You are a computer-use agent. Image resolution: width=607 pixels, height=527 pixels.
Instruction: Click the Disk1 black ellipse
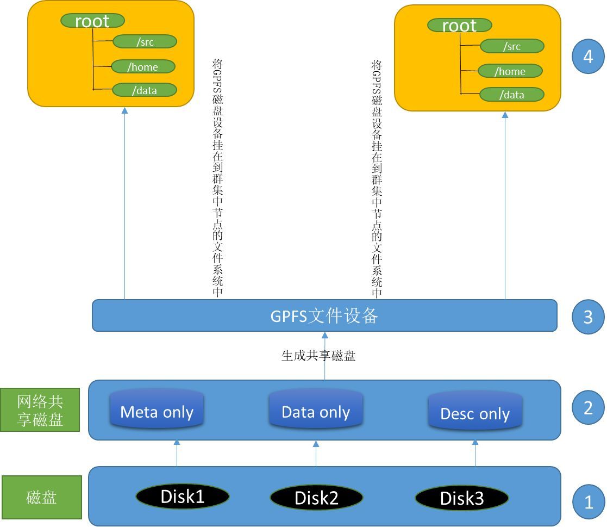tap(183, 496)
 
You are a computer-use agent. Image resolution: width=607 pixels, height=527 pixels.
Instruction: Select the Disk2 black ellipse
tap(316, 497)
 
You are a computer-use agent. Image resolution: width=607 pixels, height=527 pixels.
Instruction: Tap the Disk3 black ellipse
tap(462, 498)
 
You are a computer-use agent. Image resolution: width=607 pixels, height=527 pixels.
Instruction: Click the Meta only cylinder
tap(157, 409)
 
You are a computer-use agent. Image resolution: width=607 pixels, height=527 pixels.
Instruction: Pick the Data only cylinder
tap(316, 409)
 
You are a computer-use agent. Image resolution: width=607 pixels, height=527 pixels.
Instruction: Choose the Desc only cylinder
tap(475, 411)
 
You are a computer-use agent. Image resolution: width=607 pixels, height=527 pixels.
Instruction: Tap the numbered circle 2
tap(589, 407)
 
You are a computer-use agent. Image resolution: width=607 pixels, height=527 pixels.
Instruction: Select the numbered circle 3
tap(589, 317)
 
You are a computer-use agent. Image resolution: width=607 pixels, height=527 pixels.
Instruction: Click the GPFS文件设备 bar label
tap(324, 316)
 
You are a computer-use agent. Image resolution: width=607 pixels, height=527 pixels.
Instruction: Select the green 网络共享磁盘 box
tap(40, 410)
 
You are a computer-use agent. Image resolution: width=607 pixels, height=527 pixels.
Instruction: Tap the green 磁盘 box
tap(42, 497)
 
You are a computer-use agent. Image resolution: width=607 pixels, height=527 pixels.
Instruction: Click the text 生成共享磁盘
tap(318, 356)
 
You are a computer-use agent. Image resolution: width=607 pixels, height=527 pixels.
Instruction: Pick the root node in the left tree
tap(92, 21)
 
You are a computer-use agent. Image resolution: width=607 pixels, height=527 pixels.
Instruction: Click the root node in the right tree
tap(459, 26)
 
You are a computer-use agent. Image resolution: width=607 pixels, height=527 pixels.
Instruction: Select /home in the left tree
tap(143, 67)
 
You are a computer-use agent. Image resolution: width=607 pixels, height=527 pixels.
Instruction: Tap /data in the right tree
tap(512, 95)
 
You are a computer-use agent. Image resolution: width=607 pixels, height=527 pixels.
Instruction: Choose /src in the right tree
tap(512, 47)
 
